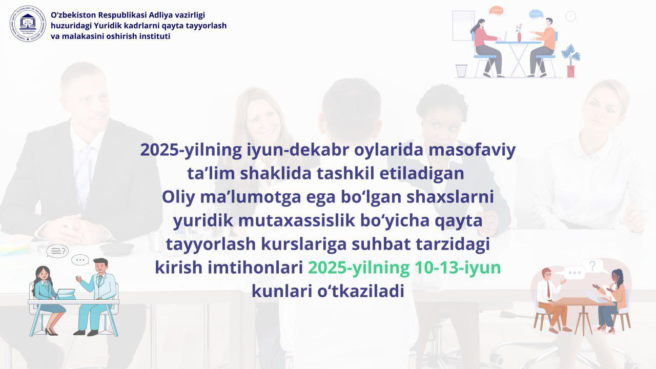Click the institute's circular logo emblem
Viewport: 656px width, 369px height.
click(x=28, y=24)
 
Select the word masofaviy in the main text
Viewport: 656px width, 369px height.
click(x=472, y=150)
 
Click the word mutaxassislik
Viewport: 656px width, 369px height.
click(x=296, y=220)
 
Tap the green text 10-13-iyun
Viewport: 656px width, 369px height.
click(x=458, y=268)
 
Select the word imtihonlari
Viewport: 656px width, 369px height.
click(x=255, y=268)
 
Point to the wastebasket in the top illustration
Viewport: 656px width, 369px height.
click(x=461, y=71)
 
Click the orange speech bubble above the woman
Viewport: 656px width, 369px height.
click(x=496, y=11)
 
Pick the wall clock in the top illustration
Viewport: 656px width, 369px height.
click(x=570, y=16)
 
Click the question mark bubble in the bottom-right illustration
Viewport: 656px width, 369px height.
click(x=592, y=265)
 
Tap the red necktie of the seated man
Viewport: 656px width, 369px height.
click(x=548, y=290)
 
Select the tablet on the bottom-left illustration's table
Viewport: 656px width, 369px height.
click(x=65, y=294)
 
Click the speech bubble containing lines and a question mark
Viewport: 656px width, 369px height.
click(x=57, y=251)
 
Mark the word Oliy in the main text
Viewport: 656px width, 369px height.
click(x=178, y=197)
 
